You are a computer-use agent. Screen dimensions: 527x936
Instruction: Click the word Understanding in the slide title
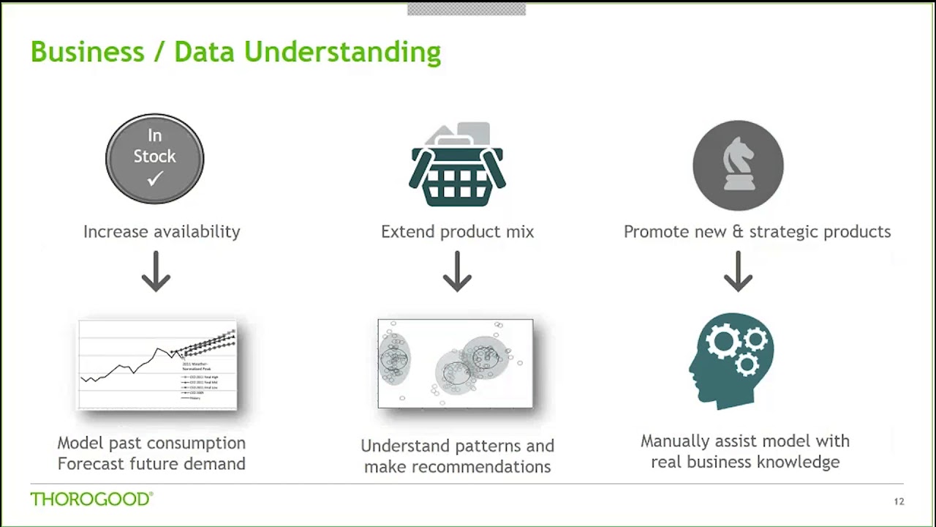point(342,53)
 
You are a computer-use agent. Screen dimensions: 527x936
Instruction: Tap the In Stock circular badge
point(155,159)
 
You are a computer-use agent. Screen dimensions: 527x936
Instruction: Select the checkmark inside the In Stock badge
point(155,179)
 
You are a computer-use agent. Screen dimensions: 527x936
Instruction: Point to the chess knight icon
point(738,165)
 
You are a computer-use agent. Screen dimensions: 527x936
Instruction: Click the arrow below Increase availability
point(156,272)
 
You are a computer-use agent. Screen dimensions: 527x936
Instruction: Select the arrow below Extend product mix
point(458,272)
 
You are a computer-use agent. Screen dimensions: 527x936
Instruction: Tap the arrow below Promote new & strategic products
point(738,272)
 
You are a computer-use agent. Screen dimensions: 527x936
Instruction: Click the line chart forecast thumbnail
point(158,365)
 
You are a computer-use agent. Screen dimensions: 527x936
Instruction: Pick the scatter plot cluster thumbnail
point(456,363)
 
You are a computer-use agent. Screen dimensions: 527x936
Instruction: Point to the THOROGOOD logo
point(91,499)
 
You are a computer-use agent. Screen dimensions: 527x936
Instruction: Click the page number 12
point(899,501)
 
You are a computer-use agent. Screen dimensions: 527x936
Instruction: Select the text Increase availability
point(162,232)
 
